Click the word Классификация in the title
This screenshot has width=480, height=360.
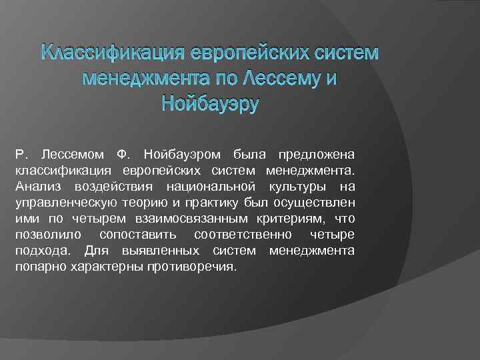pos(114,51)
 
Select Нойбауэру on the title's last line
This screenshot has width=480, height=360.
pos(210,104)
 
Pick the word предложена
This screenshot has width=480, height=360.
pos(322,154)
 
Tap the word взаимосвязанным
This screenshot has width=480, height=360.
pos(194,218)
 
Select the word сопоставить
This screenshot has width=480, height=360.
pos(137,235)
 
